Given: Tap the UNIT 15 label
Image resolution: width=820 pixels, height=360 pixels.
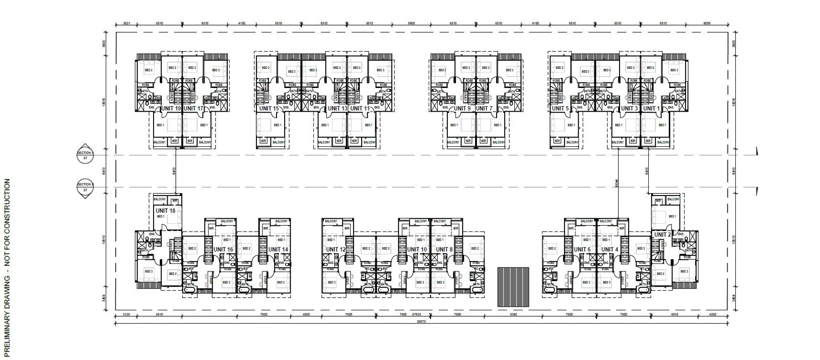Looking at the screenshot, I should tap(269, 108).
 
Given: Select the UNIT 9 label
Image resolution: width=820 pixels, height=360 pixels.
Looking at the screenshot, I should tap(462, 108).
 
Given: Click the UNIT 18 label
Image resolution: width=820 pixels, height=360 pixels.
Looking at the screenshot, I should tap(165, 211).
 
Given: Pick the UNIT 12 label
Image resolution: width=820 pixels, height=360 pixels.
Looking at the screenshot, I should tap(336, 249).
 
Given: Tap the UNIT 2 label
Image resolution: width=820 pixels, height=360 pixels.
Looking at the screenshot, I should tap(662, 235).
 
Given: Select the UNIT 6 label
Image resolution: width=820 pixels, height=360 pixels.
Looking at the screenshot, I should tap(582, 249).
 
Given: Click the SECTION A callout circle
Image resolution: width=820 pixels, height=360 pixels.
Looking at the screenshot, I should tap(85, 155).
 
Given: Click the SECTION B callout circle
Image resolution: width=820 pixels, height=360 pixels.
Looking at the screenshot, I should tap(85, 187).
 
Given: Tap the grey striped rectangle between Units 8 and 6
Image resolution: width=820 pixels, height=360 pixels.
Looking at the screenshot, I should tap(514, 287).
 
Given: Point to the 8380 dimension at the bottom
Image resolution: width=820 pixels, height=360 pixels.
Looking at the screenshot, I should tap(513, 314).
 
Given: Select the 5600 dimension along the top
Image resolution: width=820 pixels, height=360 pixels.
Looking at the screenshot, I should tap(411, 23).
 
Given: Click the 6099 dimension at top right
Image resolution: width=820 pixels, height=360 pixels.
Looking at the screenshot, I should tap(707, 23).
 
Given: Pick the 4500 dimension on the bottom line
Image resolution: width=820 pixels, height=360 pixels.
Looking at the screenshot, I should tap(306, 314).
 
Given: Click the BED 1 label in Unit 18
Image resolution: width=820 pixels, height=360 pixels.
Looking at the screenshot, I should tap(161, 216).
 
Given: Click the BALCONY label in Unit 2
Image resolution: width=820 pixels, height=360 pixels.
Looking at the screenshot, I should tap(673, 199).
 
